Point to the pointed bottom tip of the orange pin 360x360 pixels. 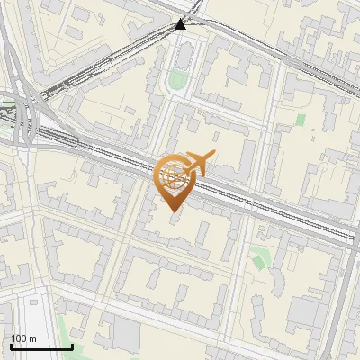(172, 211)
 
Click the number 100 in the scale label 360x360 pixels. (19, 338)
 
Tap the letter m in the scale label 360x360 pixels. (33, 338)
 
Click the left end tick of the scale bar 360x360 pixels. (11, 346)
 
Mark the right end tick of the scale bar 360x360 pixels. (72, 346)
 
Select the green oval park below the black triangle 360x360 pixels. (177, 81)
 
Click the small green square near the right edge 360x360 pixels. (301, 119)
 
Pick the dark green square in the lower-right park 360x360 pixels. (260, 261)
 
